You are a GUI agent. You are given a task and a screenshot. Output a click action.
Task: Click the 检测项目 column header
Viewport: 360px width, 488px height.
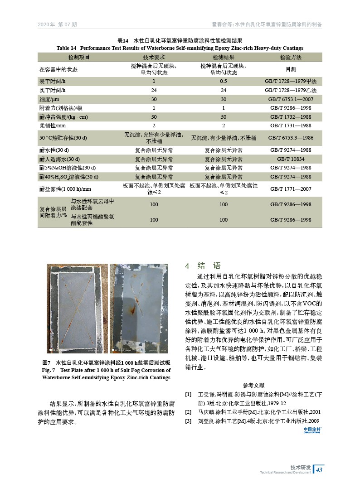click(x=79, y=58)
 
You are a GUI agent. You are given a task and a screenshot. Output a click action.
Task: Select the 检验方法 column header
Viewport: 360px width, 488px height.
click(x=291, y=58)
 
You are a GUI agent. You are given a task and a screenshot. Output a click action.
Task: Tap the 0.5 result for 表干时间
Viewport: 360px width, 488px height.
click(x=223, y=82)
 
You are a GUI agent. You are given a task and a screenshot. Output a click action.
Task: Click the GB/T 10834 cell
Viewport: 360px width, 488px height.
click(x=291, y=159)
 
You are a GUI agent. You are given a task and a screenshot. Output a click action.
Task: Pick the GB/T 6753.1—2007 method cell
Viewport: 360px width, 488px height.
click(x=291, y=99)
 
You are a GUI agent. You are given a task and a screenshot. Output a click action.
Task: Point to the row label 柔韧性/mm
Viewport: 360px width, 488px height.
click(x=53, y=126)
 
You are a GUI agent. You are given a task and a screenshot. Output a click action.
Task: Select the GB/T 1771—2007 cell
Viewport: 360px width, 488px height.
click(x=291, y=189)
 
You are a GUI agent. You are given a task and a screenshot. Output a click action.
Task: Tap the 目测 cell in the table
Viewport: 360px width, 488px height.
click(x=291, y=70)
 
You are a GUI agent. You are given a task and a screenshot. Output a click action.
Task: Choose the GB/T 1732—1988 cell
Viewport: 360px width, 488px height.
click(x=291, y=117)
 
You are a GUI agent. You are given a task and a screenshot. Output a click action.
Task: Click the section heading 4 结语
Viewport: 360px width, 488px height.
click(x=203, y=266)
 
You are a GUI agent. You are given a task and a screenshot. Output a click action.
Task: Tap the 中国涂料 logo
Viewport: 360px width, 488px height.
click(x=312, y=430)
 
